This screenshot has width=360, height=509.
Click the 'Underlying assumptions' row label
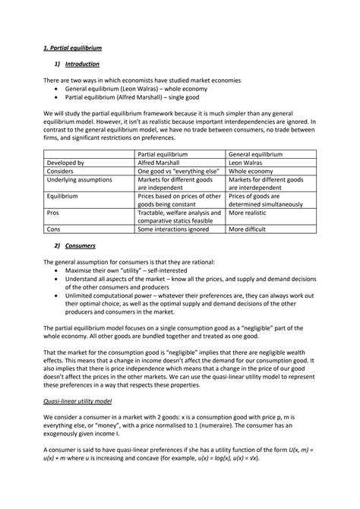(x=80, y=180)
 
